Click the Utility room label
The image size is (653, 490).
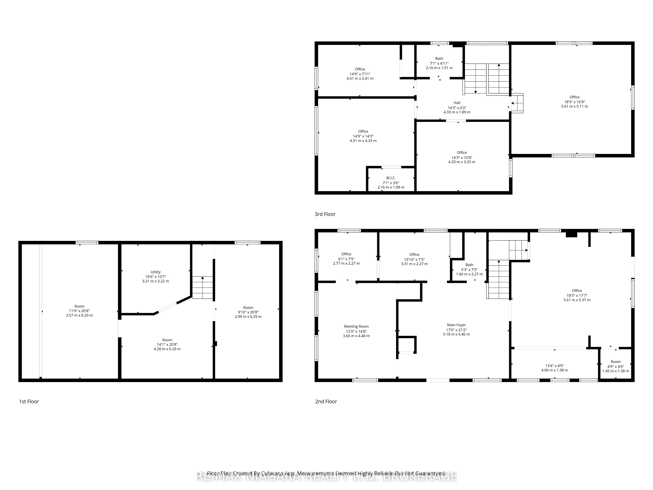[x=156, y=272]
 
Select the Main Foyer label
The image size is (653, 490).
[x=456, y=325]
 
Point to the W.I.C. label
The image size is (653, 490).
[x=391, y=178]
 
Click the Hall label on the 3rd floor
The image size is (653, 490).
[x=457, y=103]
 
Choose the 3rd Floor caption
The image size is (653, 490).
[x=325, y=214]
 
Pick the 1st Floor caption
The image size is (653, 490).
[x=29, y=401]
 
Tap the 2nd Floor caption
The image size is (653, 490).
[x=326, y=401]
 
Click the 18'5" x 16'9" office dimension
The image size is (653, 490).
[x=574, y=102]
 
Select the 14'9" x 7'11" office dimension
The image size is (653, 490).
[x=360, y=74]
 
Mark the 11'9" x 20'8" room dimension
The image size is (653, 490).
[x=79, y=311]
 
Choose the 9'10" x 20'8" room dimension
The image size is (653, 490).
[x=248, y=312]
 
